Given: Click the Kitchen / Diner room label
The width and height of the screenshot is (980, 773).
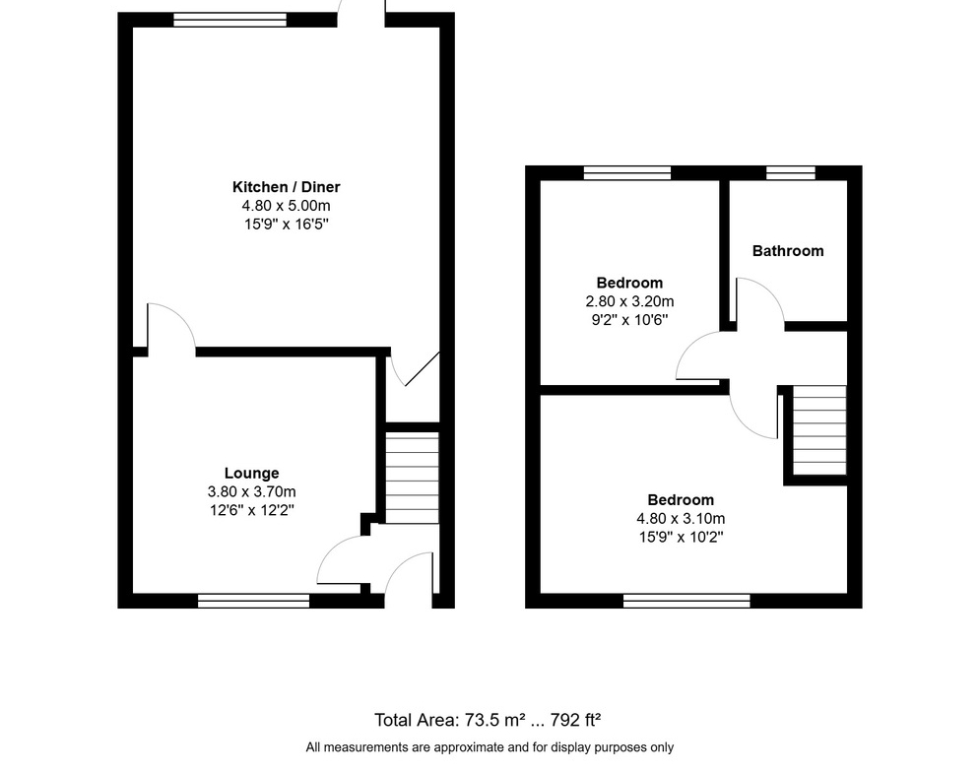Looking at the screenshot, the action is point(287,187).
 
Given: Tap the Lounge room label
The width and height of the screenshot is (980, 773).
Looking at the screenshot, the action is point(252,473).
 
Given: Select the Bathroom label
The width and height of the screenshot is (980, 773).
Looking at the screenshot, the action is point(788,250).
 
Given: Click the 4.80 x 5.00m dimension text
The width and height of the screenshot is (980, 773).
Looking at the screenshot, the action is point(287,206).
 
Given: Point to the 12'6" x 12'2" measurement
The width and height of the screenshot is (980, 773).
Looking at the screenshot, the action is point(252,510).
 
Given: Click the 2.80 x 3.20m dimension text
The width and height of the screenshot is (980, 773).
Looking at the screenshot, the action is point(629,301).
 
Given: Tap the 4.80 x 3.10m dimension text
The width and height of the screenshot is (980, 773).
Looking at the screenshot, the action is point(681,518).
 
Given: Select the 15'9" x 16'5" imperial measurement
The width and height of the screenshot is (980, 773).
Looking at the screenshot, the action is point(287,224).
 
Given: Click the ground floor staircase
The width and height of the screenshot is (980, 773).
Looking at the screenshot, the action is point(412,478).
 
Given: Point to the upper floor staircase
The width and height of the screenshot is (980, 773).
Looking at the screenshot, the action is point(819,430).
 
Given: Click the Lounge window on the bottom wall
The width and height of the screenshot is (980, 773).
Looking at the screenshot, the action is point(254,601).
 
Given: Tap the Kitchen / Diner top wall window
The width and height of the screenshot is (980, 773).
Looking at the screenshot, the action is point(230,20).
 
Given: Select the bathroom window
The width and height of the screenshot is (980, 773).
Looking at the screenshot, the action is point(791,173).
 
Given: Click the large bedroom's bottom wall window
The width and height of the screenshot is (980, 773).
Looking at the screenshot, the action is point(686,601).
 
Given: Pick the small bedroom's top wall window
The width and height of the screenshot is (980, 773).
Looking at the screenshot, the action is point(627,173).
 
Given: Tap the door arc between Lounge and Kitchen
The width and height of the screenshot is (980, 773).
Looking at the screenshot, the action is point(181,315).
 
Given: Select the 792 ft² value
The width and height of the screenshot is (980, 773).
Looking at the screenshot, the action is point(575,720).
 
